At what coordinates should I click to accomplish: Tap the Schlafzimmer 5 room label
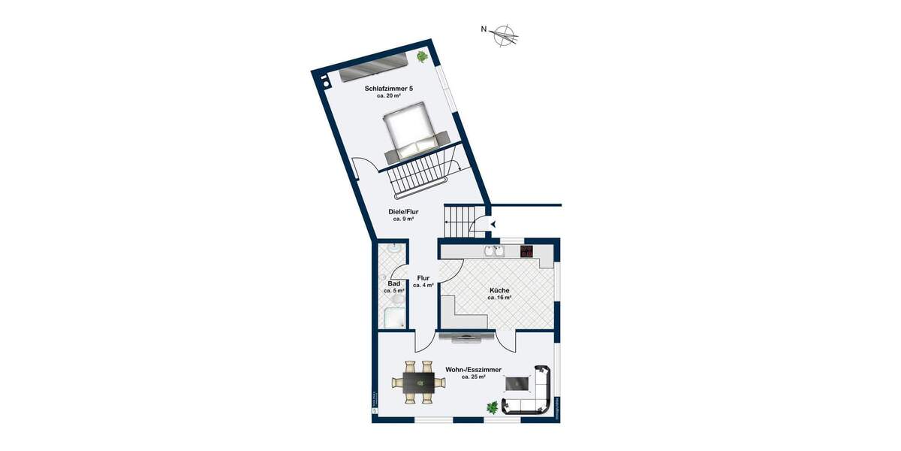[389, 88]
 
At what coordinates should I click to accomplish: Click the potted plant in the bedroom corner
[423, 56]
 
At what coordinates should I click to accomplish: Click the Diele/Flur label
[404, 212]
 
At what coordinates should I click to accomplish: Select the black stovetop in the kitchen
[527, 251]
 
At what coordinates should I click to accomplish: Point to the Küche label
[499, 289]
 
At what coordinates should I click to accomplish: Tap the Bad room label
[394, 283]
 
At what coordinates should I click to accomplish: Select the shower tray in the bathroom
[394, 318]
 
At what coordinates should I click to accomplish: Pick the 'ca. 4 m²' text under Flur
[423, 286]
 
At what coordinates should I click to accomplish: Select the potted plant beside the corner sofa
[493, 407]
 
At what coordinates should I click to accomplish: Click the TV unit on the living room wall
[466, 336]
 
